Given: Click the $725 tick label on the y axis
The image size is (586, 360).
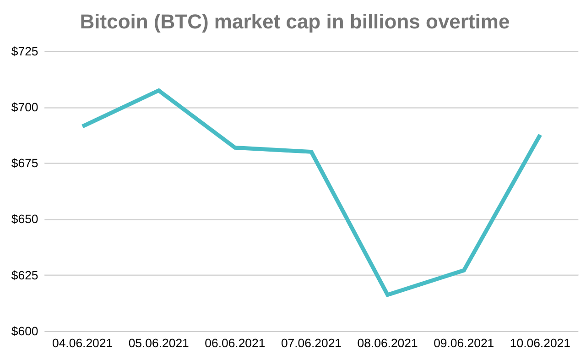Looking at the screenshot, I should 24,51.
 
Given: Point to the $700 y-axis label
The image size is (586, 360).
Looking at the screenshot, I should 24,108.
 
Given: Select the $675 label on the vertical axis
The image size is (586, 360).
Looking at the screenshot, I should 24,164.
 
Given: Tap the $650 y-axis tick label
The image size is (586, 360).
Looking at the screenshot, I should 24,219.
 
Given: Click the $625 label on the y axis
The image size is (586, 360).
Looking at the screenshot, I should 24,276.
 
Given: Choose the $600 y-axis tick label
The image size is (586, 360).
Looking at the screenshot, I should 24,332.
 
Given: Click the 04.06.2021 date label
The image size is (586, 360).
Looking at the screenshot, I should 82,344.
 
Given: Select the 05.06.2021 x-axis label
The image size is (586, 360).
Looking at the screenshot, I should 158,344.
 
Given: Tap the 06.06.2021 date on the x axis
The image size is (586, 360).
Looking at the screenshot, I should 235,344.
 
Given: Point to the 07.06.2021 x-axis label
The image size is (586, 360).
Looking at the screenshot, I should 311,344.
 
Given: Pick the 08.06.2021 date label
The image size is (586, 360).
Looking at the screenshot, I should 387,344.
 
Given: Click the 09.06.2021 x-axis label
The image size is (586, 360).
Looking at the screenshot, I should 464,344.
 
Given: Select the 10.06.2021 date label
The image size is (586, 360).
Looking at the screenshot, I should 540,344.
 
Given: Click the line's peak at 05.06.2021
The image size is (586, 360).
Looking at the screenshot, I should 158,91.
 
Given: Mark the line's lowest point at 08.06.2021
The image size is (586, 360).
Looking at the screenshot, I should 387,295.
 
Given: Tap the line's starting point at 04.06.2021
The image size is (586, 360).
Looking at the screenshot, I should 83,126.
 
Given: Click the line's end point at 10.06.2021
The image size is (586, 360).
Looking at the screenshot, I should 540,136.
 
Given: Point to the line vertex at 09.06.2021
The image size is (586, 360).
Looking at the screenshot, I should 464,270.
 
